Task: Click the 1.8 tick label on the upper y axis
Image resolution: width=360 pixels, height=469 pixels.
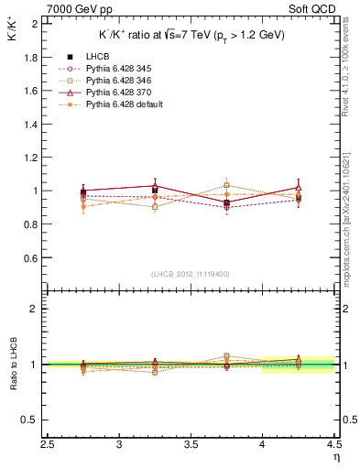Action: pos(31,57)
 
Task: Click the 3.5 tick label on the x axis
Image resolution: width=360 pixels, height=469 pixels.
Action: pos(191,444)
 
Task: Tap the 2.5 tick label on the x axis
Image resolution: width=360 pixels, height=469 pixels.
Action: pos(49,444)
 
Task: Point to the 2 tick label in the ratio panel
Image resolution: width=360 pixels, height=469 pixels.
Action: pos(36,309)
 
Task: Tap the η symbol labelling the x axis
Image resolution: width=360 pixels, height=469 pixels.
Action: pos(337,455)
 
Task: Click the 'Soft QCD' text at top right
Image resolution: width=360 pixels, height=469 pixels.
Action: pos(316,8)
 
